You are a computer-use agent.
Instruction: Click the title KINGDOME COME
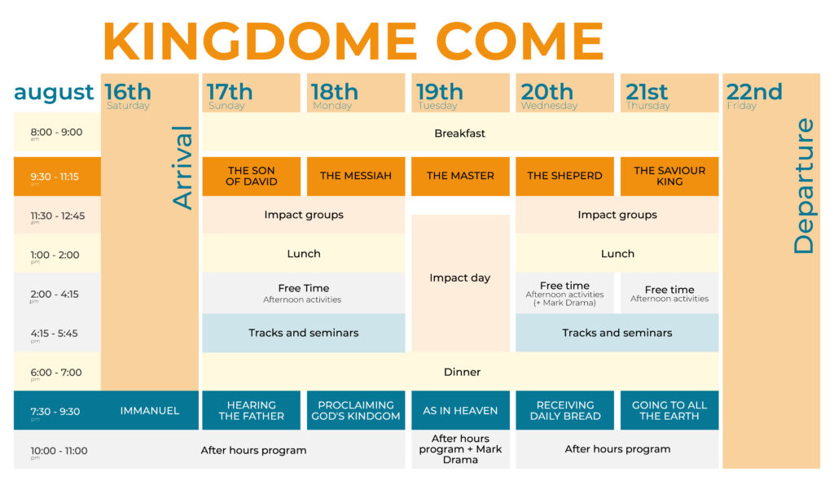tap(353, 42)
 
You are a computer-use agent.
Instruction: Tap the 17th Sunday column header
tap(251, 93)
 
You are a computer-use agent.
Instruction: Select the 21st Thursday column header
tap(669, 93)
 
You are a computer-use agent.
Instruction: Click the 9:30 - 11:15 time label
tap(55, 177)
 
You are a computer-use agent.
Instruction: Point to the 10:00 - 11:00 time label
tap(59, 451)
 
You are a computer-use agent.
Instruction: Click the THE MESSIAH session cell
tap(356, 177)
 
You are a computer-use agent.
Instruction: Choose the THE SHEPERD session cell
tap(565, 177)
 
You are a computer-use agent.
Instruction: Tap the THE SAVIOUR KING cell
tap(669, 177)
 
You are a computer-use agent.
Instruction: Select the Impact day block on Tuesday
tap(461, 283)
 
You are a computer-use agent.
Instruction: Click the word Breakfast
tap(459, 133)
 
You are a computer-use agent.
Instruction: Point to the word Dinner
tap(462, 372)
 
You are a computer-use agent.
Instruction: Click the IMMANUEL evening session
tap(150, 411)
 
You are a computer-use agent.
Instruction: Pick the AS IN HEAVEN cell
tap(461, 411)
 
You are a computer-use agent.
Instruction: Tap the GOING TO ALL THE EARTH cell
tap(669, 411)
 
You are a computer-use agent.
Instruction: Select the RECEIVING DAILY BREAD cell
tap(565, 411)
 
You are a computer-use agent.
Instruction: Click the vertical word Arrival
tap(182, 168)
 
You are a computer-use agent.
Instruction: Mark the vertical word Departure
tap(803, 186)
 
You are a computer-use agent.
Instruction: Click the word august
tap(54, 93)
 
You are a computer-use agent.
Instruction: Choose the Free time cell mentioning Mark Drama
tap(565, 293)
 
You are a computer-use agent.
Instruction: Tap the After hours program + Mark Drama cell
tap(461, 449)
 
